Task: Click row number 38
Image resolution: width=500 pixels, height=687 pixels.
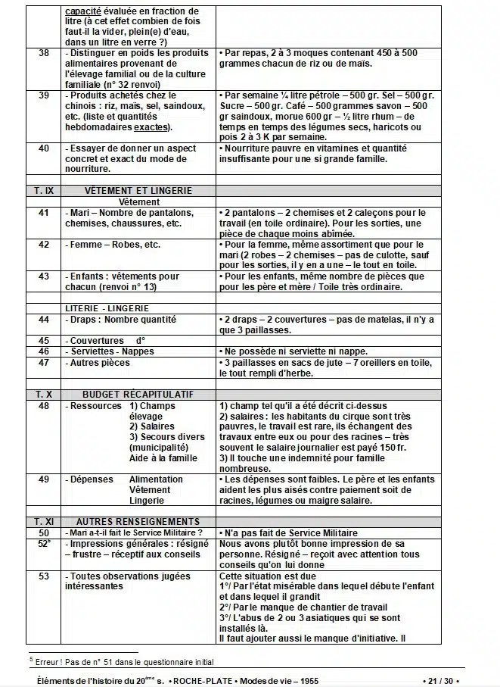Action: (x=43, y=52)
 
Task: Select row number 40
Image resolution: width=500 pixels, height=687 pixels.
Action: (x=43, y=148)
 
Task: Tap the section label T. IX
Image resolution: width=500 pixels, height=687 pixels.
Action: (x=43, y=190)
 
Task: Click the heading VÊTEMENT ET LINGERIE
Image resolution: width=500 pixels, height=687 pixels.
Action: (x=138, y=190)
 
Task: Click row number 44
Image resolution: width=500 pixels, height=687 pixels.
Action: (x=43, y=320)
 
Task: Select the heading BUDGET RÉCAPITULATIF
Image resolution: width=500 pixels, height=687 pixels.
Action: (x=138, y=395)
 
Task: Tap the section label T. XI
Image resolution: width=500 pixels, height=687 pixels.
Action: (x=43, y=521)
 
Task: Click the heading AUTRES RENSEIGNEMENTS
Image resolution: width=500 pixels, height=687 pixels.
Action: (x=138, y=521)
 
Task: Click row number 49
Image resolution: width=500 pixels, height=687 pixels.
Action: (x=43, y=479)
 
